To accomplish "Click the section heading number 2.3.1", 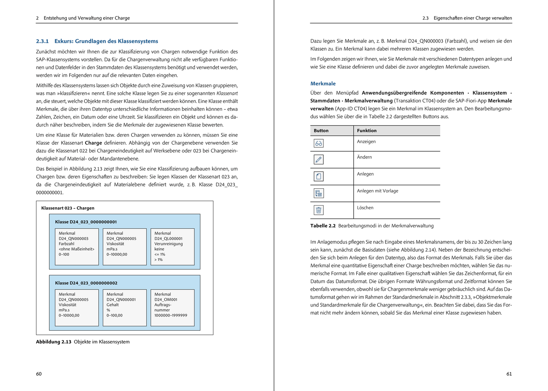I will click(42, 41).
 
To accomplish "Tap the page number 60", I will click(39, 374).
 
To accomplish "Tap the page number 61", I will click(509, 374).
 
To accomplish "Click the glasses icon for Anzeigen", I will click(319, 143).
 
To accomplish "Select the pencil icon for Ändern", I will click(319, 159).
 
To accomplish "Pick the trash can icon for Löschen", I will click(319, 210).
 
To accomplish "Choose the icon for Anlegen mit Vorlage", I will click(319, 193).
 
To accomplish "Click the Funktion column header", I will click(366, 131).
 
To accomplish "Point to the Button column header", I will click(321, 131).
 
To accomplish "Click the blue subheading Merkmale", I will click(323, 84).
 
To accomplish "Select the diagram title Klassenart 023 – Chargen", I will click(67, 208).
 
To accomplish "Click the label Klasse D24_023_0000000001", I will click(86, 222).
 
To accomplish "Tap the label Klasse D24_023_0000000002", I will click(86, 283).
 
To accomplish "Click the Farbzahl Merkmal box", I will click(77, 247).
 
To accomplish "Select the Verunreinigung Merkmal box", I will click(172, 247).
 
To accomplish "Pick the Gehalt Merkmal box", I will click(125, 308).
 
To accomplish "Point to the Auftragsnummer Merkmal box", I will click(172, 308).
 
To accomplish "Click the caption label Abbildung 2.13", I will click(53, 342).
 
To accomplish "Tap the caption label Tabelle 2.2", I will click(323, 226).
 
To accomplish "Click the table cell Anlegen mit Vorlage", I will click(377, 191).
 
